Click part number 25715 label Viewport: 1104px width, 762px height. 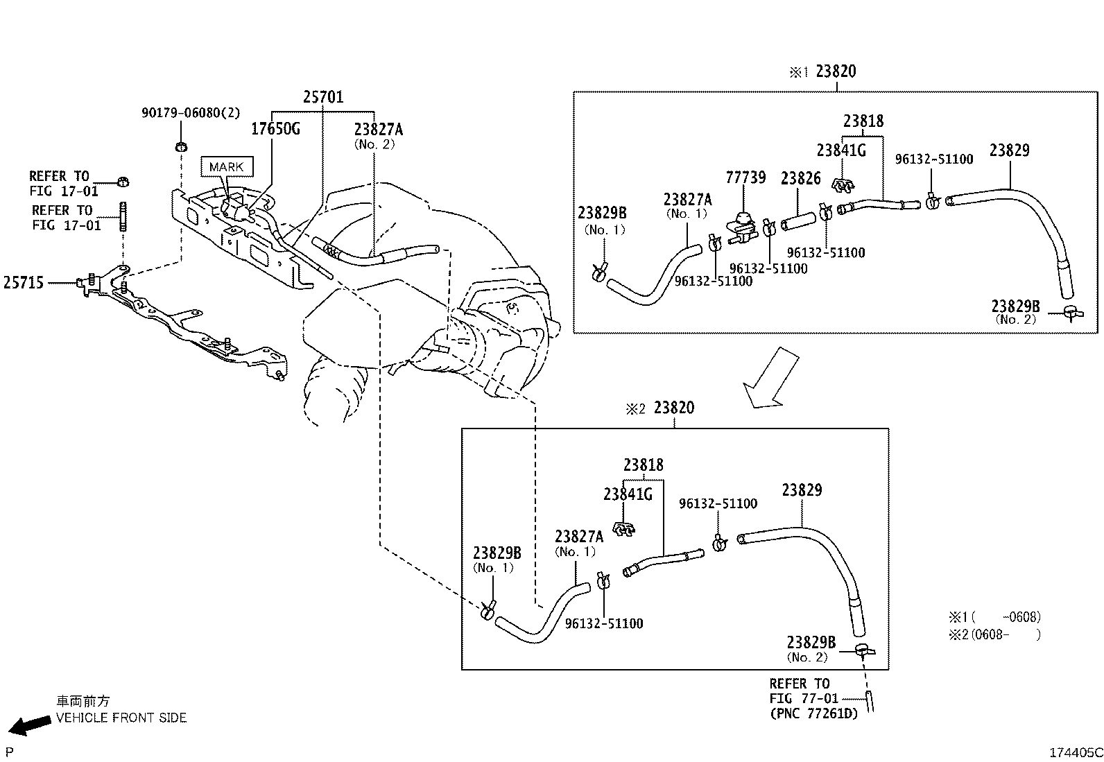click(24, 282)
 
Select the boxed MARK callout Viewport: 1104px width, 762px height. click(226, 166)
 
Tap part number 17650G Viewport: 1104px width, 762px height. click(275, 129)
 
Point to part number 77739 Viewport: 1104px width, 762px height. click(745, 177)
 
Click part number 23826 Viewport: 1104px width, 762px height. click(800, 178)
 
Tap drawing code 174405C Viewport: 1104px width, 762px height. click(1075, 752)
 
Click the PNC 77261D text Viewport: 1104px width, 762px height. click(813, 713)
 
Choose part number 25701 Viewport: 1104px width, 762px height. click(322, 97)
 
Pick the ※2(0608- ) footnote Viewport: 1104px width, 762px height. click(994, 634)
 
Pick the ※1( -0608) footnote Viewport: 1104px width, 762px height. click(994, 616)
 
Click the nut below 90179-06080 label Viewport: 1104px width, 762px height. click(181, 146)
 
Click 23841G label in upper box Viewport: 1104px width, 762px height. click(840, 150)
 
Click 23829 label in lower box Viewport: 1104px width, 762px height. click(802, 490)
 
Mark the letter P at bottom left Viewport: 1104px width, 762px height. click(9, 752)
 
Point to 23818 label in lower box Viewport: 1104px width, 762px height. click(643, 465)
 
